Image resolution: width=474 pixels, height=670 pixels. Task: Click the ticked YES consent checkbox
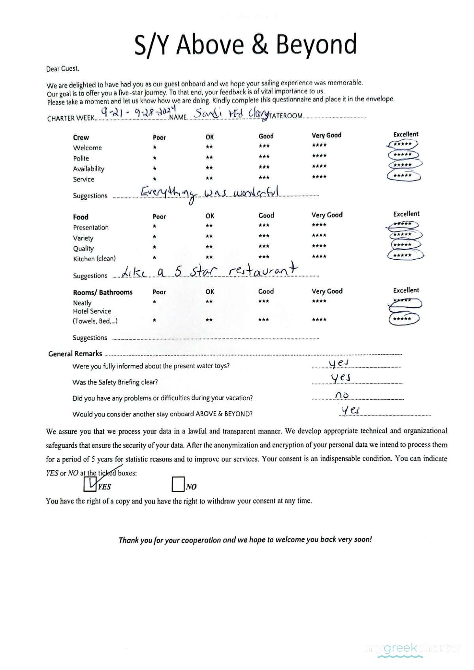click(90, 484)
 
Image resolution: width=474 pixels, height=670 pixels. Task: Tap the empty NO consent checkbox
click(178, 484)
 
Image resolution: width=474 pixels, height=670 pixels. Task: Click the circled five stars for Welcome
click(403, 144)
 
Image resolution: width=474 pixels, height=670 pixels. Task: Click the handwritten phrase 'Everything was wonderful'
click(210, 193)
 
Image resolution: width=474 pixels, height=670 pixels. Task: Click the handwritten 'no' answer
click(342, 395)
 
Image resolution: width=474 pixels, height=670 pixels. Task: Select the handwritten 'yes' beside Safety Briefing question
click(340, 378)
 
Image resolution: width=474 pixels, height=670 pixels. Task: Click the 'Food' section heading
click(81, 217)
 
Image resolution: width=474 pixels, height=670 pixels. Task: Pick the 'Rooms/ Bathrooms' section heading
click(103, 292)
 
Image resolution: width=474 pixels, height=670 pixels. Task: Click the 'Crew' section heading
click(81, 138)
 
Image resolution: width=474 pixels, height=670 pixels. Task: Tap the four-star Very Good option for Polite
click(319, 156)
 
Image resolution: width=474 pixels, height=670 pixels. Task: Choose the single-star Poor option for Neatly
click(154, 302)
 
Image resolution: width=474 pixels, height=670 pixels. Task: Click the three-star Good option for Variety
click(264, 236)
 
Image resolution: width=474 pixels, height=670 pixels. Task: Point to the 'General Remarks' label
click(75, 354)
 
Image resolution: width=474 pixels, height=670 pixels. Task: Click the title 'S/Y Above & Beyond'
click(245, 44)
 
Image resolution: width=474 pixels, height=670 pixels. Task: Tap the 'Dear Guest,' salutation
click(62, 69)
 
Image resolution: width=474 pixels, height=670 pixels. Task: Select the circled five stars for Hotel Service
click(403, 319)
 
